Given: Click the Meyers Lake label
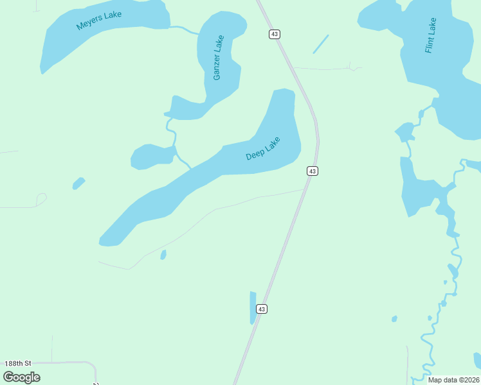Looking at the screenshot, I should click(x=99, y=21).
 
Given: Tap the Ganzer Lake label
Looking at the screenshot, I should click(x=219, y=58).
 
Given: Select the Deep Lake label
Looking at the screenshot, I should click(x=263, y=149).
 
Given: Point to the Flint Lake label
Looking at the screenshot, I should click(x=431, y=35).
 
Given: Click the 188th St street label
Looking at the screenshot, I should click(x=17, y=363).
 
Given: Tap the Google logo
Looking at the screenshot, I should click(x=21, y=377).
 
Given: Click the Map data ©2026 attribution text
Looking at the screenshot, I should click(x=453, y=380).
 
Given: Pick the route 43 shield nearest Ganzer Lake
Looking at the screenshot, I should click(x=275, y=34).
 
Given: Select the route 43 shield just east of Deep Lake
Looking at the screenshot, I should click(x=312, y=171).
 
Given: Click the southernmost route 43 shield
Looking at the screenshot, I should click(x=261, y=309).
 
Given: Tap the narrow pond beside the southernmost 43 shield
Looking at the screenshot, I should click(x=253, y=307).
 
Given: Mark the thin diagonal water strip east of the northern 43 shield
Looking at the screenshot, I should click(x=320, y=44).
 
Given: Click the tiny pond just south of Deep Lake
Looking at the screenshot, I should click(x=163, y=255).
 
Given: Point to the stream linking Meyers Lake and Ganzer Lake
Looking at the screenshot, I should click(x=185, y=30).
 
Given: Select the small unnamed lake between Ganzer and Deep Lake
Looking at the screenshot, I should click(x=152, y=157).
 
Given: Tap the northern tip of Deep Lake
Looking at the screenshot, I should click(x=284, y=91).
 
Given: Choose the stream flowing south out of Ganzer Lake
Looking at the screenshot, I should click(x=172, y=132).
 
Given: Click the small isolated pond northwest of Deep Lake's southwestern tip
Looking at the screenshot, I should click(x=78, y=184).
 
